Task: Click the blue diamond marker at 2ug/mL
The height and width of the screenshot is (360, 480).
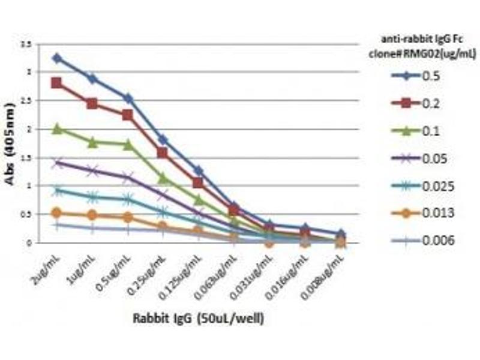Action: click(x=57, y=58)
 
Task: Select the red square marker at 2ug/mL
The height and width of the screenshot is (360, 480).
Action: click(x=57, y=83)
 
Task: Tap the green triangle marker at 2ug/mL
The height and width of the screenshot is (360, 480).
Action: click(x=57, y=128)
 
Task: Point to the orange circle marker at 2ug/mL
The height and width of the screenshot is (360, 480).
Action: click(x=57, y=212)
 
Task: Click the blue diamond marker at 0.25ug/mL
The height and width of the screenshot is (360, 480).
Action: click(x=163, y=140)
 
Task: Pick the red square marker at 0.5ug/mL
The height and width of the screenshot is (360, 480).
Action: click(x=128, y=115)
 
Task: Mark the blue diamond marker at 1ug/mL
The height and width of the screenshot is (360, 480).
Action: click(x=92, y=79)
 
